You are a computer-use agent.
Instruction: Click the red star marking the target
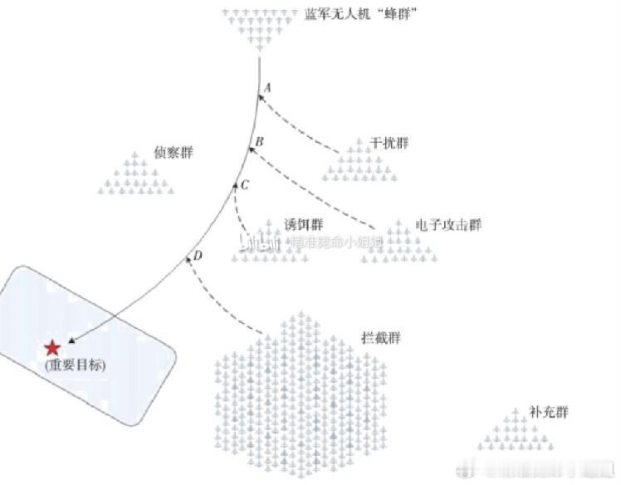pos(52,349)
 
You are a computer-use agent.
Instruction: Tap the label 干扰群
pos(390,143)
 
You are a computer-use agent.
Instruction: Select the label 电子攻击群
pos(448,225)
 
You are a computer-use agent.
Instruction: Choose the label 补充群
pos(550,412)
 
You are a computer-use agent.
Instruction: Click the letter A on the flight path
pos(266,87)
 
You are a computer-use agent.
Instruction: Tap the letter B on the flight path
pos(259,142)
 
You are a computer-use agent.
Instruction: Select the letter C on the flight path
pos(245,184)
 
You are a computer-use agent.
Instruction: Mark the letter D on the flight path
pos(198,255)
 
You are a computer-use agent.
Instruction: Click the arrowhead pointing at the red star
pos(71,340)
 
